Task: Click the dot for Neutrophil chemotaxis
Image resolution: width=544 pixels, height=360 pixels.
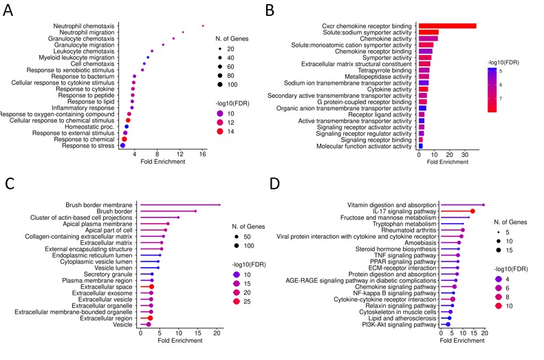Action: click(203, 25)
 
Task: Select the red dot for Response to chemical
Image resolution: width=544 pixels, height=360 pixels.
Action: click(124, 139)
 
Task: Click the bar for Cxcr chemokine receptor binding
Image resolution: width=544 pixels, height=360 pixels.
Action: click(447, 26)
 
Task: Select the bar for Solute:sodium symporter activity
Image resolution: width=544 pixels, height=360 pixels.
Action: click(428, 32)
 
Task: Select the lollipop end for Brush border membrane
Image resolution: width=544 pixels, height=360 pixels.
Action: click(220, 204)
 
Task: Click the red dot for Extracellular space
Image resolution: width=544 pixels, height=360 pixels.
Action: click(151, 286)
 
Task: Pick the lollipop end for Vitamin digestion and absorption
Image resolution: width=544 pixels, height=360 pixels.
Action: click(483, 204)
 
